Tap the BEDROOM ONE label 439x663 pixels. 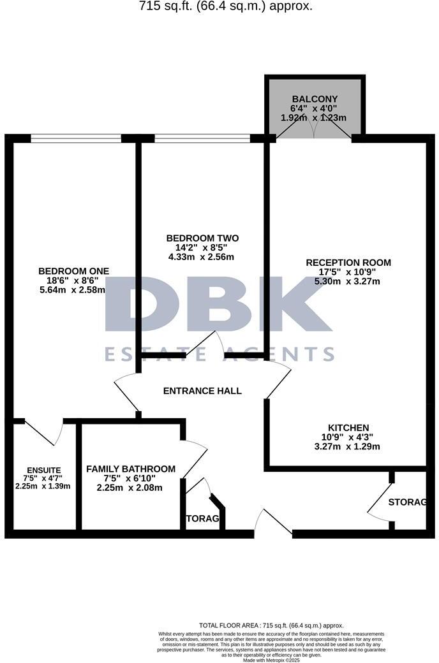pyautogui.click(x=73, y=271)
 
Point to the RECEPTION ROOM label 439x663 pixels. pyautogui.click(x=348, y=263)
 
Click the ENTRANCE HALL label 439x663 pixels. pyautogui.click(x=202, y=391)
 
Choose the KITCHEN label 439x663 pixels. pyautogui.click(x=348, y=428)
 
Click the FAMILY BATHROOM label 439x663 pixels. pyautogui.click(x=131, y=469)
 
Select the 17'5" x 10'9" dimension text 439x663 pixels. pyautogui.click(x=348, y=272)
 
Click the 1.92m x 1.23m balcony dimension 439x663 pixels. pyautogui.click(x=314, y=118)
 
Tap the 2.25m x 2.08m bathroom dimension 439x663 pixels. pyautogui.click(x=130, y=488)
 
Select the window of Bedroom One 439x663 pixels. pyautogui.click(x=76, y=138)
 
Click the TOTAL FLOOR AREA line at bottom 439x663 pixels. pyautogui.click(x=271, y=626)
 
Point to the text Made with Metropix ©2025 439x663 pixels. pyautogui.click(x=271, y=660)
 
